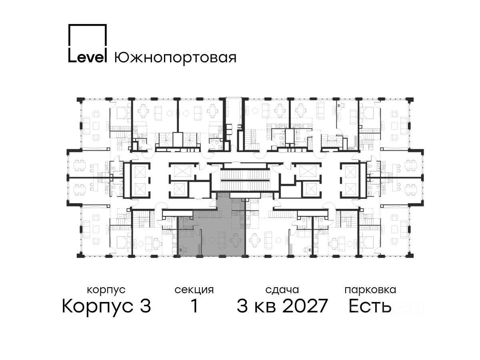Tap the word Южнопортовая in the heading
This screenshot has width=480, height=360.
[175, 58]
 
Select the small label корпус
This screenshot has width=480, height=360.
[106, 290]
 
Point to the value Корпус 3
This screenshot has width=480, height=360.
[106, 306]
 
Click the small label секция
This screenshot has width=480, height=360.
[194, 290]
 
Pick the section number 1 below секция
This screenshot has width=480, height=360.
[194, 306]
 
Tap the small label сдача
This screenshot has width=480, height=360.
[282, 290]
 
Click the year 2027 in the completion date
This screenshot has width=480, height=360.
[305, 306]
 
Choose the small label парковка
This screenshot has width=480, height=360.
[370, 290]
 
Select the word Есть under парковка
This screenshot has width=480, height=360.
[370, 306]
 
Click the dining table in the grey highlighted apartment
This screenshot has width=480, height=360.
[235, 240]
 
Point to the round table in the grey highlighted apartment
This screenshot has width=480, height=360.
[211, 240]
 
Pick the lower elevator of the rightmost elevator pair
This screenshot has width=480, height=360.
[350, 189]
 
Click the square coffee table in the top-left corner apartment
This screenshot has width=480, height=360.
[96, 126]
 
